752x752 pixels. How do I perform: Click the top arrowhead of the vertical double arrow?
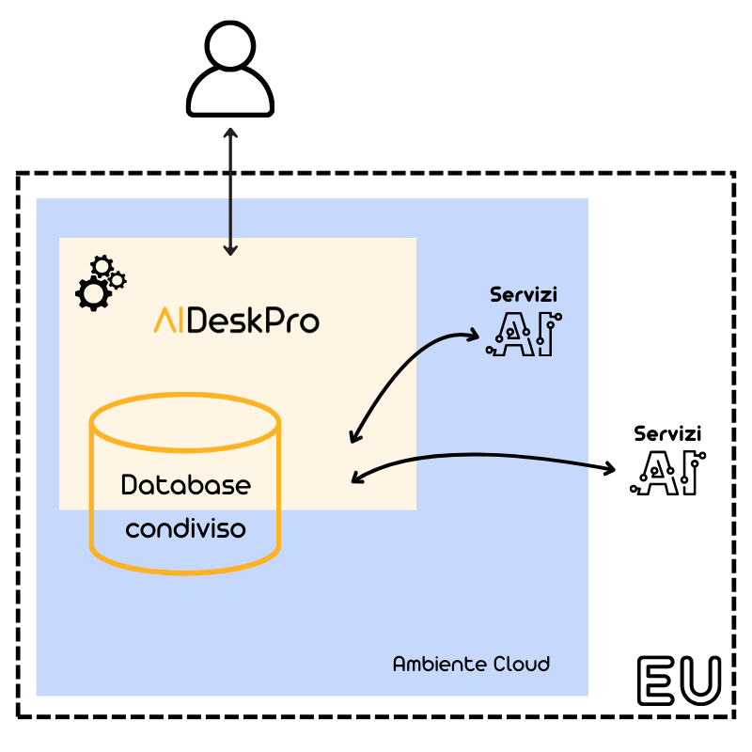(230, 132)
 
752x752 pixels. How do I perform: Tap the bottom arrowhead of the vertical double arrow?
(230, 250)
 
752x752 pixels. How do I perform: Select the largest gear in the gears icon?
(93, 294)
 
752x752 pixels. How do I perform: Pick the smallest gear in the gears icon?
(117, 280)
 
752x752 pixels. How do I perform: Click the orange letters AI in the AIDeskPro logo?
(169, 321)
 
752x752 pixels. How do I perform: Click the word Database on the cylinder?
(186, 485)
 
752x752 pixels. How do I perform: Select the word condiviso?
(186, 529)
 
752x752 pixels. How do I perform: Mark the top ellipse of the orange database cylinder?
(185, 422)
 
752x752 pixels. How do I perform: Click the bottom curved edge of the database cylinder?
(185, 567)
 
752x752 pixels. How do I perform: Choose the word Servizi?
(524, 294)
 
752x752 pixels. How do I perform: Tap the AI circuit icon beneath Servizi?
(525, 335)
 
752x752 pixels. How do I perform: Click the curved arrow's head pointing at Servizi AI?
(474, 335)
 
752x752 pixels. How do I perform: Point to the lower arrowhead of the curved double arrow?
(353, 438)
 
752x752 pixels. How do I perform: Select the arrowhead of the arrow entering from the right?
(356, 478)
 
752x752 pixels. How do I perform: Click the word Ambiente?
(428, 664)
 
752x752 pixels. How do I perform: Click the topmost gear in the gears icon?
(102, 266)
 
